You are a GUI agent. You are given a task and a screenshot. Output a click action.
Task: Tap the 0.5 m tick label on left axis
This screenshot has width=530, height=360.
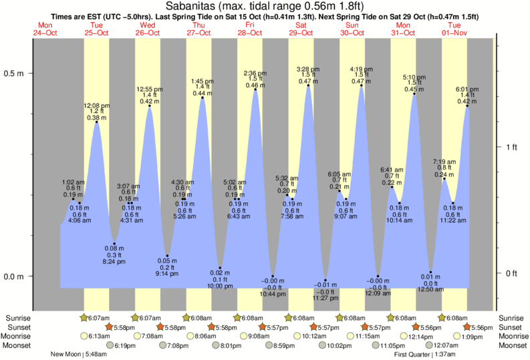pos(13,73)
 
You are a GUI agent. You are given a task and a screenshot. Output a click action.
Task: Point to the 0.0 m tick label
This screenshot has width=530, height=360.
pos(13,277)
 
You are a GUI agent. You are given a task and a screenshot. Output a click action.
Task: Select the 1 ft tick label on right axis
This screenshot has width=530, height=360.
pos(511,147)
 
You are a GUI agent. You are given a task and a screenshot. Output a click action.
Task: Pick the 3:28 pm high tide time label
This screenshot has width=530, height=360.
pos(308,69)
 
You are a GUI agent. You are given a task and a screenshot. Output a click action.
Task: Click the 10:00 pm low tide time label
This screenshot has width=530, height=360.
pos(220,287)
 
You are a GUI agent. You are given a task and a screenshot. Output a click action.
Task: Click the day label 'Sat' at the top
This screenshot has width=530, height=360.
pos(301,25)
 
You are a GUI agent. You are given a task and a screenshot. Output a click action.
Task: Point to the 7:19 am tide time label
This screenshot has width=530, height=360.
pos(444,162)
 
